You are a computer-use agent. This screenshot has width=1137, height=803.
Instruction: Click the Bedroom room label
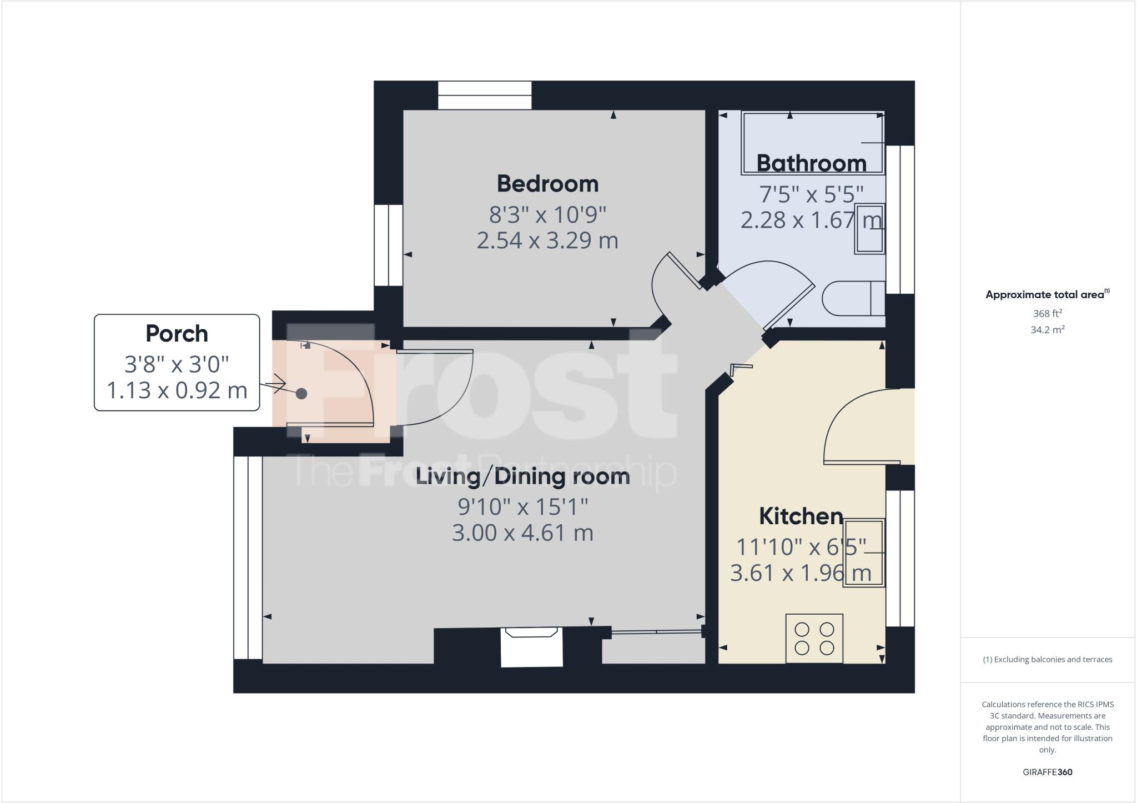point(547,184)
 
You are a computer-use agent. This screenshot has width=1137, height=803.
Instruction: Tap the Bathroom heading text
point(811,163)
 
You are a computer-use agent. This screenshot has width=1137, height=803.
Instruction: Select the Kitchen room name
point(801,516)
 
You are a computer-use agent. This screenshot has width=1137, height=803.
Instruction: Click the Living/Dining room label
point(522,476)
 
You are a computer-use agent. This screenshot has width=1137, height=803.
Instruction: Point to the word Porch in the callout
point(177,334)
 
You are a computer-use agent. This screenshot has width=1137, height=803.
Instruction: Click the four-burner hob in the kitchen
point(814,638)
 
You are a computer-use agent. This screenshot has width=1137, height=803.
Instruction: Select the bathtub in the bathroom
point(812,143)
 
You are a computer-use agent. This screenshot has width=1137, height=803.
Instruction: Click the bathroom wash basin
point(869,229)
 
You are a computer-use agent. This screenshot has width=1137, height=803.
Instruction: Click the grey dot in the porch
point(301,394)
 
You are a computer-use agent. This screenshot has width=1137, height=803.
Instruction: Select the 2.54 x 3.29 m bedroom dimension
point(547,241)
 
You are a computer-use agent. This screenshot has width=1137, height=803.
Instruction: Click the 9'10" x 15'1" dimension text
point(522,506)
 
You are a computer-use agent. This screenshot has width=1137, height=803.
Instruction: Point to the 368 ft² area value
point(1047,313)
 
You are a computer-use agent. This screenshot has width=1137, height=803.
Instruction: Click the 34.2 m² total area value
point(1047,330)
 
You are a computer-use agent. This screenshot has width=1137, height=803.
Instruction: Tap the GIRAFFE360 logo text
point(1047,772)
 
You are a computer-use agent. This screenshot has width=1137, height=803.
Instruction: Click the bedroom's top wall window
point(485,96)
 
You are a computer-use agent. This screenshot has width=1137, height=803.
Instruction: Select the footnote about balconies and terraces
point(1047,660)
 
